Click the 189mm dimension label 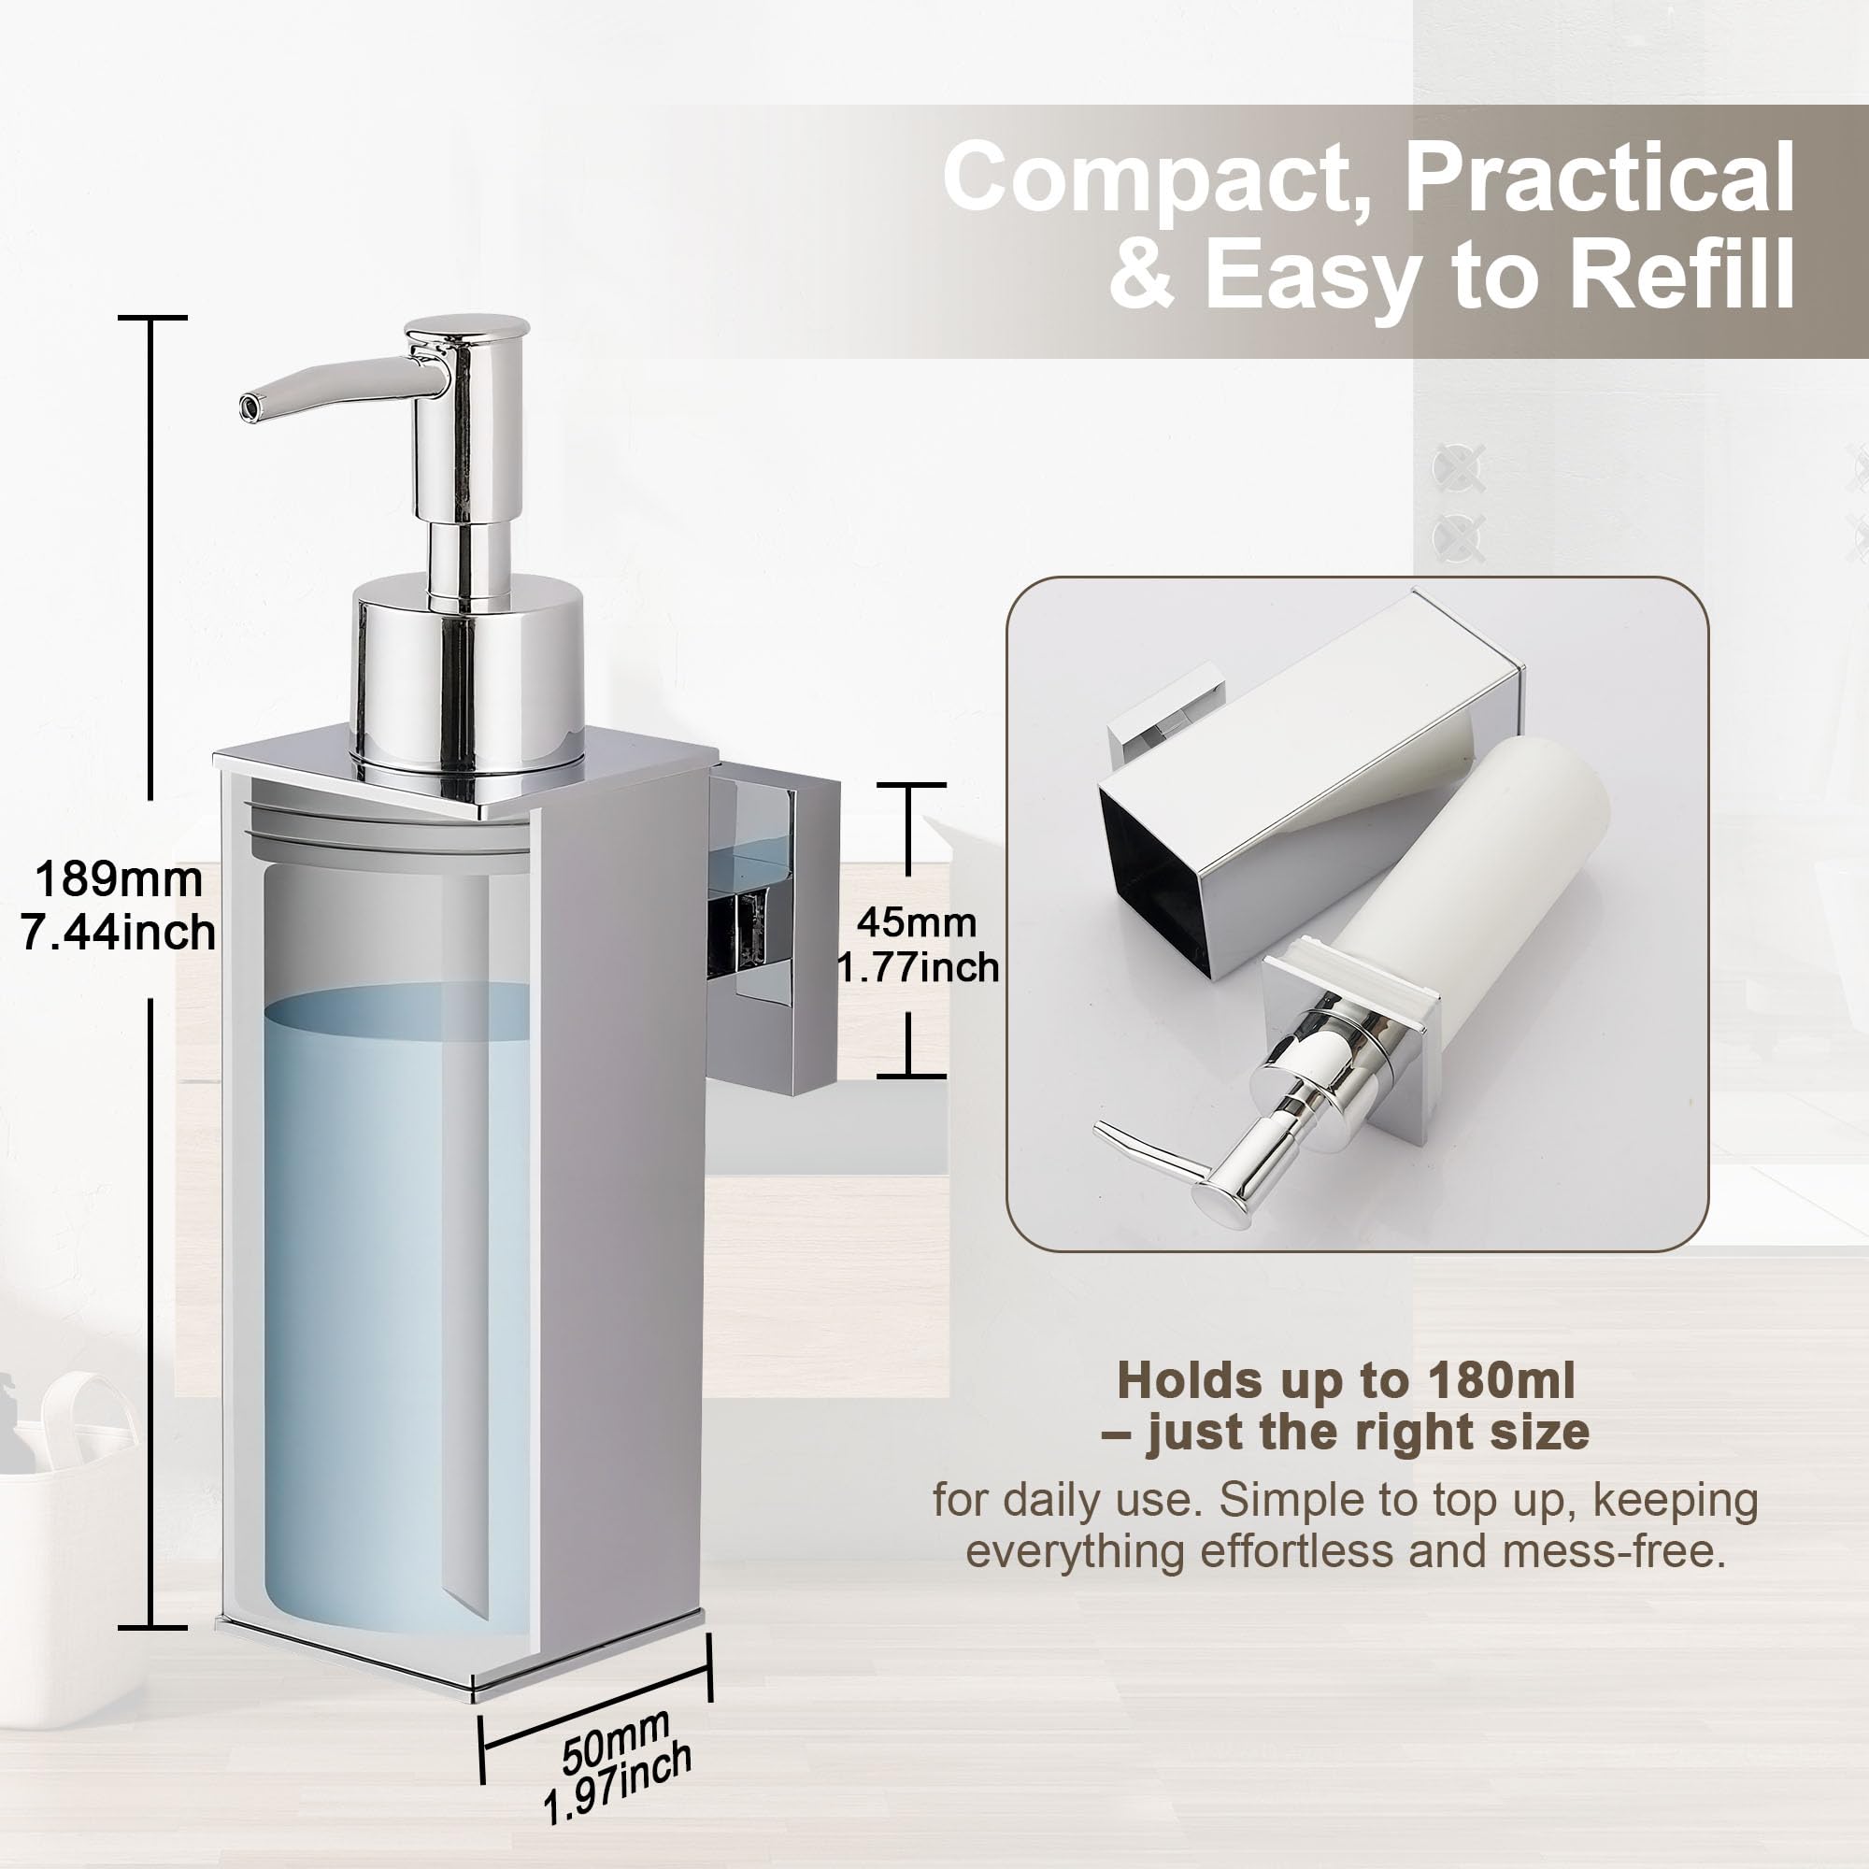[119, 880]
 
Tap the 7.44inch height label [119, 934]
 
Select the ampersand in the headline [1143, 276]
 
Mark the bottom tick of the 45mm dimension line [910, 1075]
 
